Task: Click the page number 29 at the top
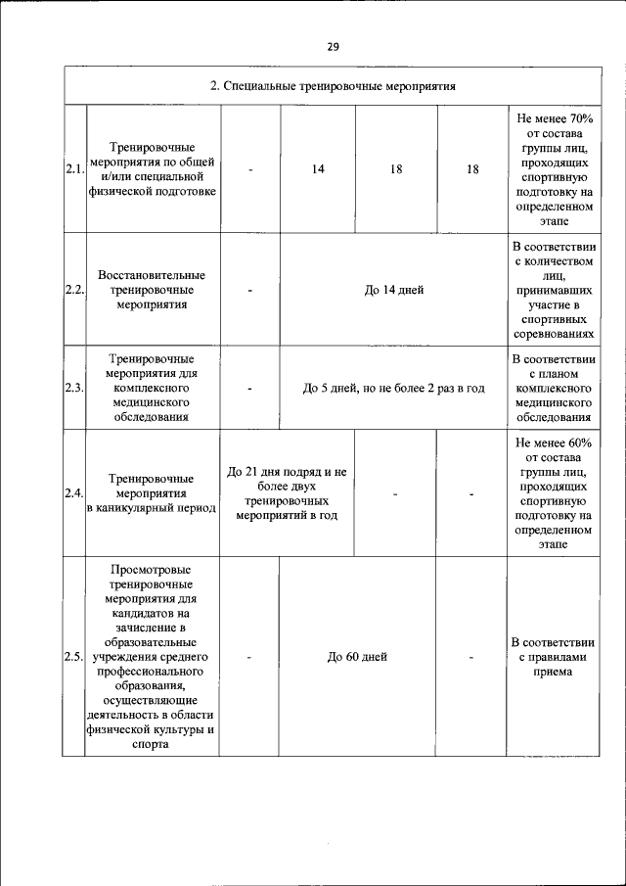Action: (333, 46)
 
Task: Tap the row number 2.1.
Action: (74, 169)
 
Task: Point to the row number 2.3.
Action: (74, 388)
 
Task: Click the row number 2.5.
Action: (74, 656)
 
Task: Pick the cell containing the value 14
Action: (318, 169)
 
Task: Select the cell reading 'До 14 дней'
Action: (394, 290)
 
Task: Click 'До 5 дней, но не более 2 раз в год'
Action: (394, 388)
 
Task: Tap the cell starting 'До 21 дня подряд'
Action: (287, 492)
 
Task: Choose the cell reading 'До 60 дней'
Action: (358, 656)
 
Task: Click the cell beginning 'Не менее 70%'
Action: (553, 169)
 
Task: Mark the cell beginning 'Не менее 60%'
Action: (553, 492)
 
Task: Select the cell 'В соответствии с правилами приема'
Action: (553, 656)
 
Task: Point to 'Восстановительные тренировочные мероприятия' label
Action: (152, 290)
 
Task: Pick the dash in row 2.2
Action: (251, 290)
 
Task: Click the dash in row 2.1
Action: (251, 169)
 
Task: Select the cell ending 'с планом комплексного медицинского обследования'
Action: (553, 388)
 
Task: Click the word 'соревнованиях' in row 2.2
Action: (553, 334)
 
